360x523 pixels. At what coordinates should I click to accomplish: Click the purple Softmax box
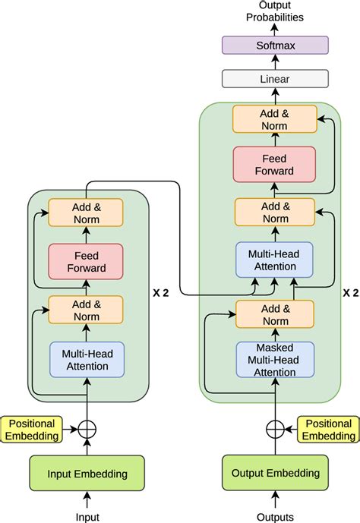(274, 46)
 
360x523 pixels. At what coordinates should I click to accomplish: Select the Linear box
(274, 78)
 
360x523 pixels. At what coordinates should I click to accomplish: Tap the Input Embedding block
(87, 474)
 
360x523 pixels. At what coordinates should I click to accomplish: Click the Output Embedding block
(274, 474)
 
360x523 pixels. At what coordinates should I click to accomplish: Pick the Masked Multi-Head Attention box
(274, 359)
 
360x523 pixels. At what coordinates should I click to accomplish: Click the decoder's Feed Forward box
(274, 165)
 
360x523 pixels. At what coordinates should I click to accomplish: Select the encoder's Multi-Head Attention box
(87, 359)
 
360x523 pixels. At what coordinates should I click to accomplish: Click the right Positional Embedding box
(329, 430)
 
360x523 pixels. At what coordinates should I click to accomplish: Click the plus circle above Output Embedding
(274, 430)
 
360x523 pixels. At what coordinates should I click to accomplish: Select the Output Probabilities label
(274, 11)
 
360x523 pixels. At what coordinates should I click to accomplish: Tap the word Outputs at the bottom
(274, 516)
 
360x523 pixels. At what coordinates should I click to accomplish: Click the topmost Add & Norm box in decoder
(274, 119)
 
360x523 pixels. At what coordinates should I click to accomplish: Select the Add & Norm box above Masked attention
(274, 313)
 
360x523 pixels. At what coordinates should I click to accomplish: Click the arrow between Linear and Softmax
(274, 62)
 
